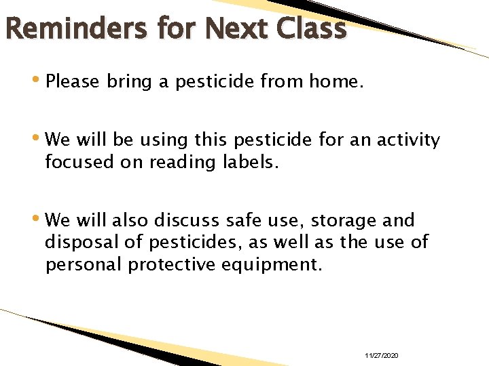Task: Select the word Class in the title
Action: tap(313, 28)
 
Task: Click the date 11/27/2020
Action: tap(382, 356)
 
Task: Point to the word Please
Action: tap(73, 82)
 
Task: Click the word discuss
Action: tap(189, 220)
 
